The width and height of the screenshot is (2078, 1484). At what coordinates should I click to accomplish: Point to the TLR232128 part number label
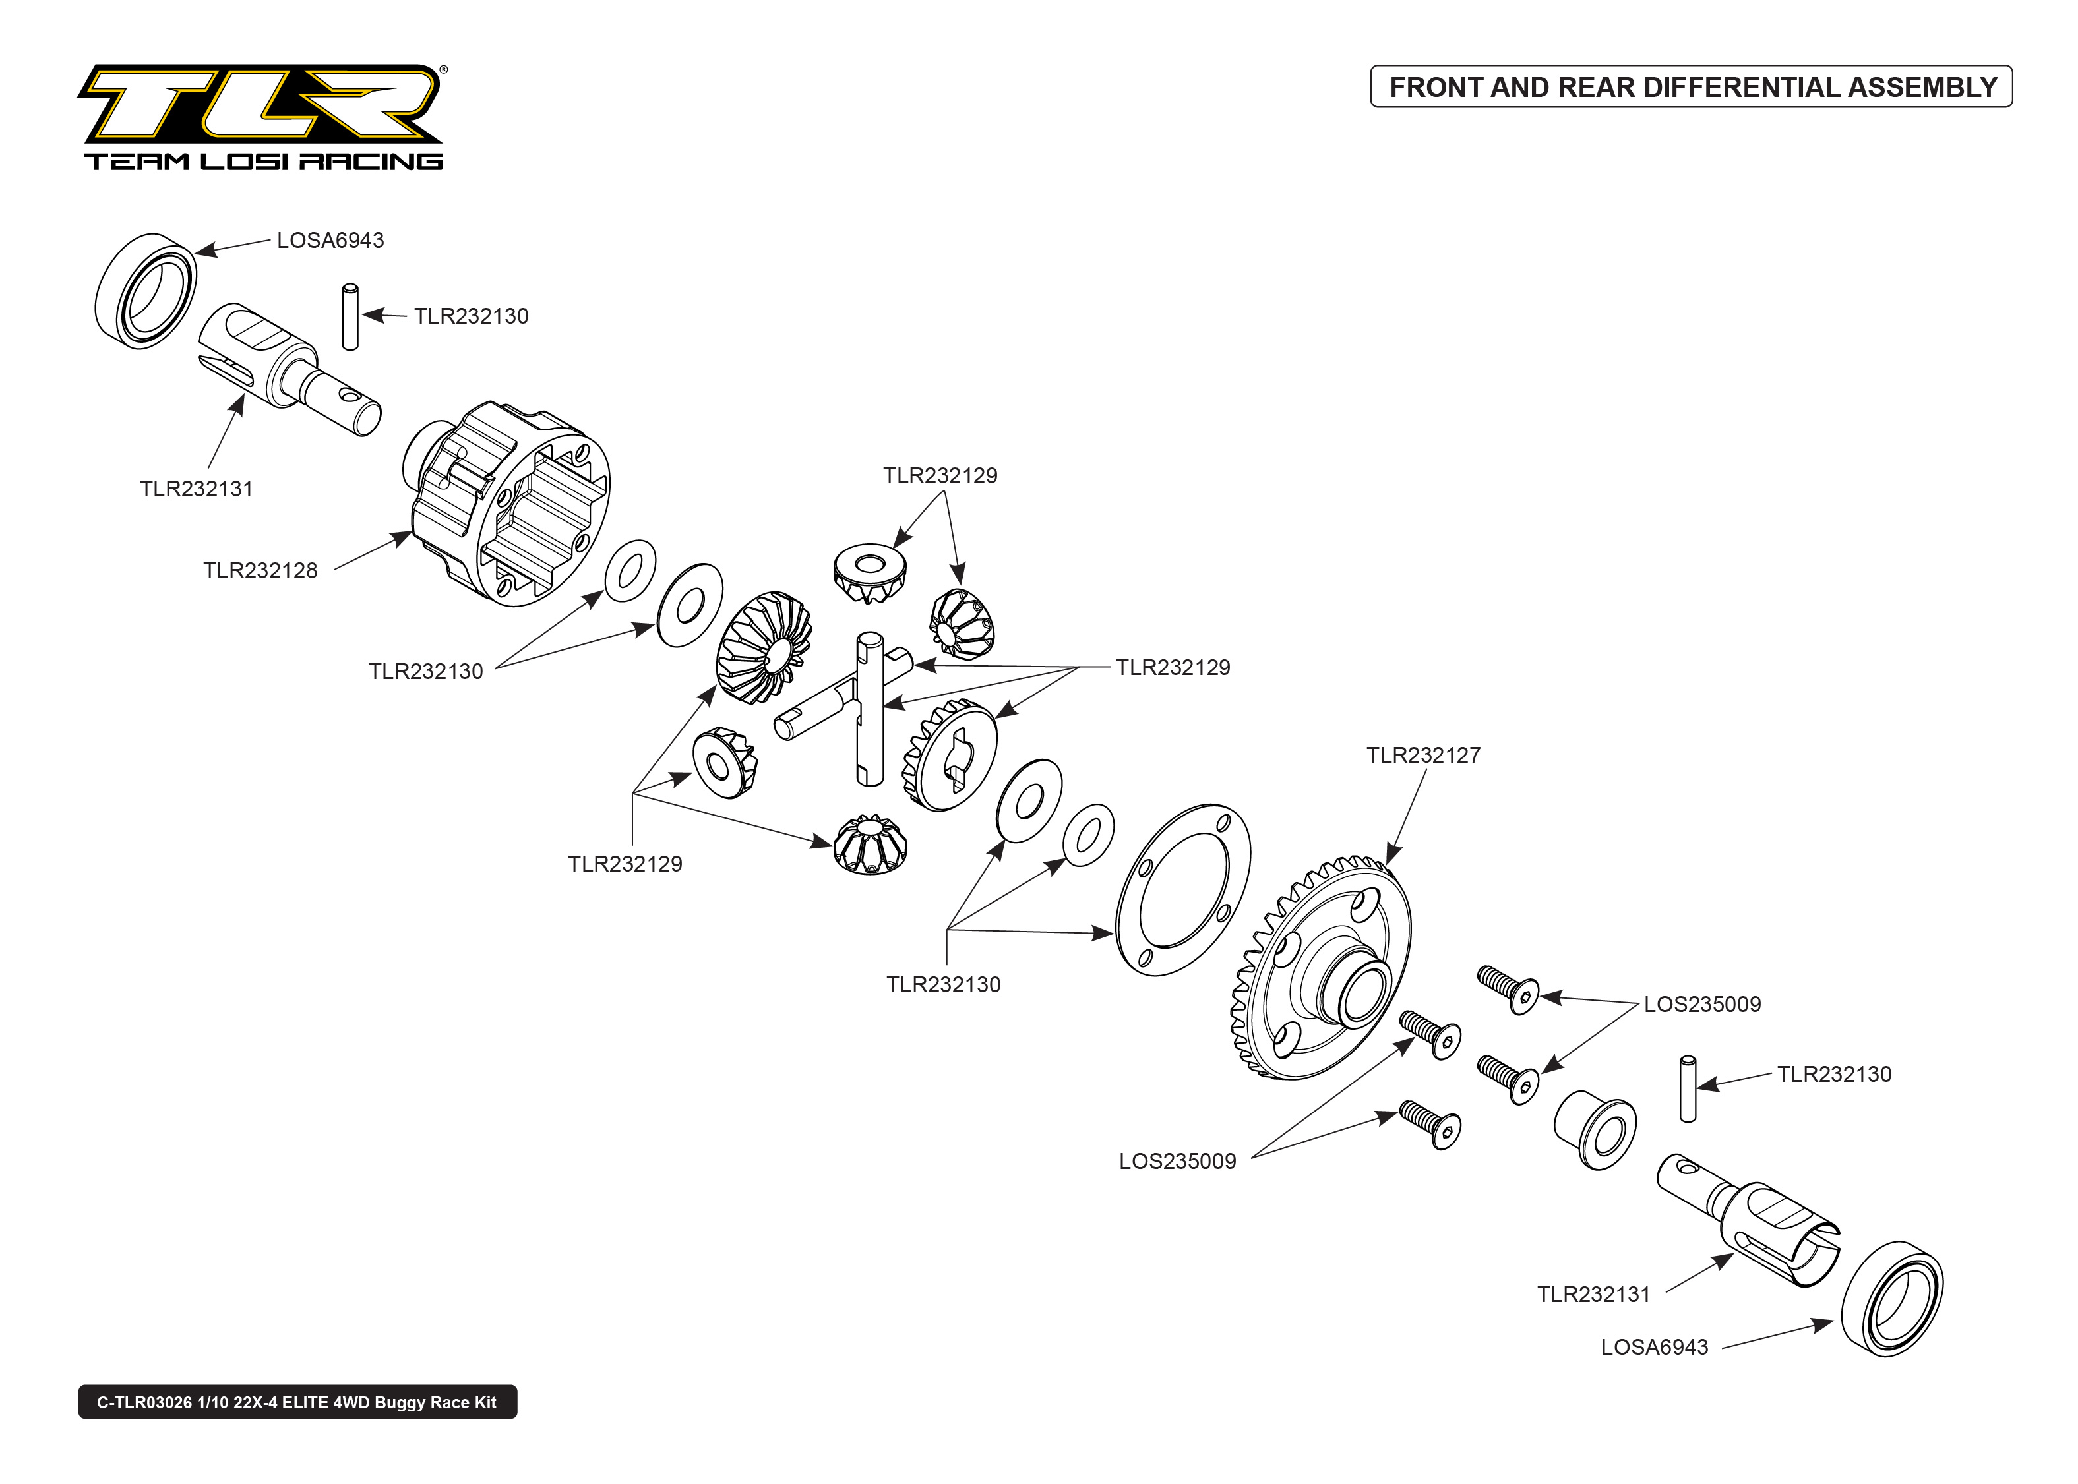[x=260, y=570]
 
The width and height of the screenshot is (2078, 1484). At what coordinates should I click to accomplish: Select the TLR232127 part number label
[x=1422, y=755]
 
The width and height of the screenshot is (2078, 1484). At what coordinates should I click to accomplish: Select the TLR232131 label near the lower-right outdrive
[x=1593, y=1294]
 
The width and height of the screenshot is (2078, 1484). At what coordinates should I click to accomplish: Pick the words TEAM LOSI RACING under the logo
[x=263, y=162]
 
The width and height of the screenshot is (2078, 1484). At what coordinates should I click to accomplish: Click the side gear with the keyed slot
[x=950, y=757]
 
